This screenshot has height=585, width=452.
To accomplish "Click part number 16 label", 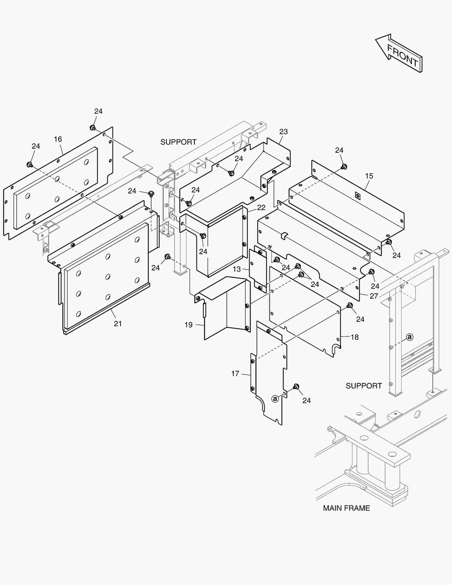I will (x=58, y=139).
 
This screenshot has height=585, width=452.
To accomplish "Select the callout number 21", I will (x=117, y=323).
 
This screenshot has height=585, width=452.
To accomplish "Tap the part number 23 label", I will (x=284, y=132).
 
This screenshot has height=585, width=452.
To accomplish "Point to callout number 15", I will (x=369, y=176).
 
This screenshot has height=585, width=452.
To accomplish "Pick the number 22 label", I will (x=261, y=207).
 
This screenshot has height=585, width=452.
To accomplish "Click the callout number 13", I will (x=237, y=269).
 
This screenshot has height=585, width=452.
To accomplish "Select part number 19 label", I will (x=188, y=324).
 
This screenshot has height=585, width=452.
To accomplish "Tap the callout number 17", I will (x=235, y=373).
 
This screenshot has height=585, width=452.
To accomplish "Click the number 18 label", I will (x=355, y=337).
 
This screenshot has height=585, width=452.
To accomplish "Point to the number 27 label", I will (x=374, y=296).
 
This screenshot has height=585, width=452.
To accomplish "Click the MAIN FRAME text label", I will (x=346, y=508).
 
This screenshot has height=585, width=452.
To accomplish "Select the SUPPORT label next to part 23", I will (x=179, y=142).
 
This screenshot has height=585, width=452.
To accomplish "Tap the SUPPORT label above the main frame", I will (x=364, y=386).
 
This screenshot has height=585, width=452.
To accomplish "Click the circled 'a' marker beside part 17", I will (x=275, y=399).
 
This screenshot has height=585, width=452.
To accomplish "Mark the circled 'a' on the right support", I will (x=410, y=337).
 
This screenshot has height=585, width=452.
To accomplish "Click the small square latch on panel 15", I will (x=357, y=196).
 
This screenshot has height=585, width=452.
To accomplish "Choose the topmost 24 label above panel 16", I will (x=98, y=112).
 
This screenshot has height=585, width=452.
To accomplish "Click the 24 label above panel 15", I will (x=339, y=150).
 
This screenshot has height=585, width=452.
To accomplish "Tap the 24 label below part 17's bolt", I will (x=306, y=400).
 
